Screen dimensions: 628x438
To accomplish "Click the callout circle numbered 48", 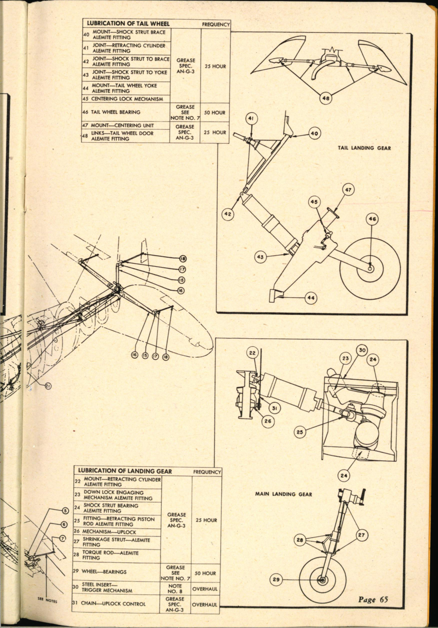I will (325, 99).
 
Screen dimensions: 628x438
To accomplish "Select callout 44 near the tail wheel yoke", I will (311, 298).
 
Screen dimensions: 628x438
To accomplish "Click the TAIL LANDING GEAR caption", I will (364, 148).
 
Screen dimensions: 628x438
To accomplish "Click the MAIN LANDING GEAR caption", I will (283, 494).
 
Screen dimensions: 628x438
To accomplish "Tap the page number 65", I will (373, 599).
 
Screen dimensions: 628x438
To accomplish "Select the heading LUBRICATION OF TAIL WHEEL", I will (128, 24).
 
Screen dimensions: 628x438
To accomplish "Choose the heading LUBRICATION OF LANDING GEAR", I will (125, 471).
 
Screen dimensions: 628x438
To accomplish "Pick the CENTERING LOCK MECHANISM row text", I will (126, 99).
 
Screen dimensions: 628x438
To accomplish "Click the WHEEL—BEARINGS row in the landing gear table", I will (104, 571).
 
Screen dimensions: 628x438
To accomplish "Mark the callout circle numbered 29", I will (276, 579).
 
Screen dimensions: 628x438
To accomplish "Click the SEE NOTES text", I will (47, 600).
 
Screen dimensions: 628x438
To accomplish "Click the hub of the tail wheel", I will (370, 268).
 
